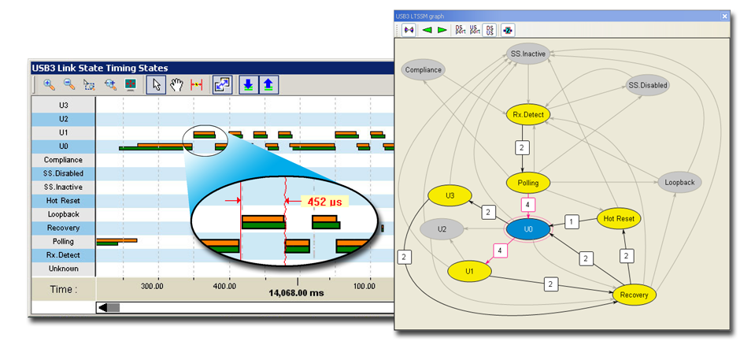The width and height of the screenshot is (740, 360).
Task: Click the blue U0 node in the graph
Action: click(x=528, y=229)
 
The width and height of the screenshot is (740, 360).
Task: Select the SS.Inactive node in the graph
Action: click(x=527, y=54)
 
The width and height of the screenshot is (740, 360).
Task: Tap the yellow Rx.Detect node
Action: click(x=527, y=114)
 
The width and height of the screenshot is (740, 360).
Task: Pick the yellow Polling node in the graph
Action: click(x=527, y=182)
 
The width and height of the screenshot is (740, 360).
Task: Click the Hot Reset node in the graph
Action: click(x=619, y=219)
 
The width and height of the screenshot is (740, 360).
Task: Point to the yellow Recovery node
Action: click(x=635, y=295)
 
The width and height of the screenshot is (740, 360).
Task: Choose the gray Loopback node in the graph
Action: click(x=679, y=182)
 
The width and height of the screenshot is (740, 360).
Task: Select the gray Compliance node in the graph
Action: click(x=424, y=70)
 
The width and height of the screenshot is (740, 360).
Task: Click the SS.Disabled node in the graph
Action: click(x=648, y=86)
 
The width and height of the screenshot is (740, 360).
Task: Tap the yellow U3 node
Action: click(x=450, y=195)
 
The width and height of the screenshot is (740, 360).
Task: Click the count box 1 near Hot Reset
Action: click(x=572, y=221)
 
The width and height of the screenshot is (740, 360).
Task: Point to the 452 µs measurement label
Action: click(x=324, y=201)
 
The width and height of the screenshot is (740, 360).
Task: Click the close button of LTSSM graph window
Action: click(x=724, y=16)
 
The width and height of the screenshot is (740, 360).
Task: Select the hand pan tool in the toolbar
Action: click(x=176, y=85)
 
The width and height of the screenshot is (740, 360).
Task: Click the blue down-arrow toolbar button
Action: click(x=248, y=85)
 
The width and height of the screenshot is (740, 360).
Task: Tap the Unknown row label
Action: click(x=63, y=269)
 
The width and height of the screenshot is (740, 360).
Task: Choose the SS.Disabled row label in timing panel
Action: click(x=63, y=173)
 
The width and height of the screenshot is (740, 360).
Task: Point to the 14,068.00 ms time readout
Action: click(x=296, y=293)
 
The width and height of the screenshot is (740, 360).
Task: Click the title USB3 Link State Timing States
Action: click(x=99, y=68)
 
